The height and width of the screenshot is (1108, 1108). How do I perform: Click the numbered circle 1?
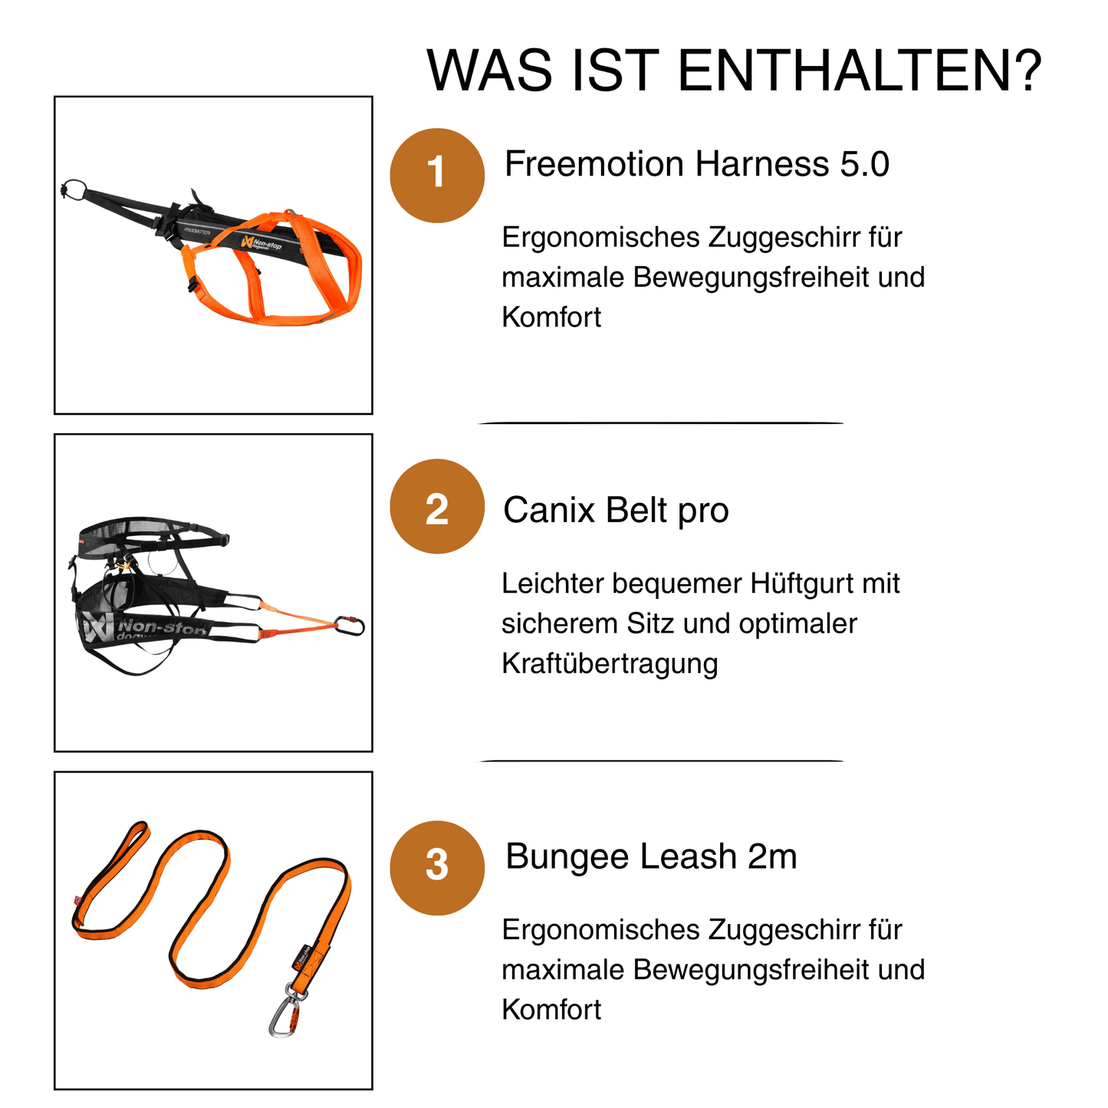point(437,176)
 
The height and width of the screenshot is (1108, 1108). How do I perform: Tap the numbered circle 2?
point(437,506)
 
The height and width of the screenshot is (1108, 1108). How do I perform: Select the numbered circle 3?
point(437,868)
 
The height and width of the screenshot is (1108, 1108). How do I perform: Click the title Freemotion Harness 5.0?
point(697,164)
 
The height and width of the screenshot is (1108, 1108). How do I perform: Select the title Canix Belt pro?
point(616,511)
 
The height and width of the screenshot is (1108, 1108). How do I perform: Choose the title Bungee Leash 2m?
point(651,856)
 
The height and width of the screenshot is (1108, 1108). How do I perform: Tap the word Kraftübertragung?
point(610,663)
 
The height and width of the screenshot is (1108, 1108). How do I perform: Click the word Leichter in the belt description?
point(552,584)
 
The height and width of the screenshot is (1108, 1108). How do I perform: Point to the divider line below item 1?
point(661,422)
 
